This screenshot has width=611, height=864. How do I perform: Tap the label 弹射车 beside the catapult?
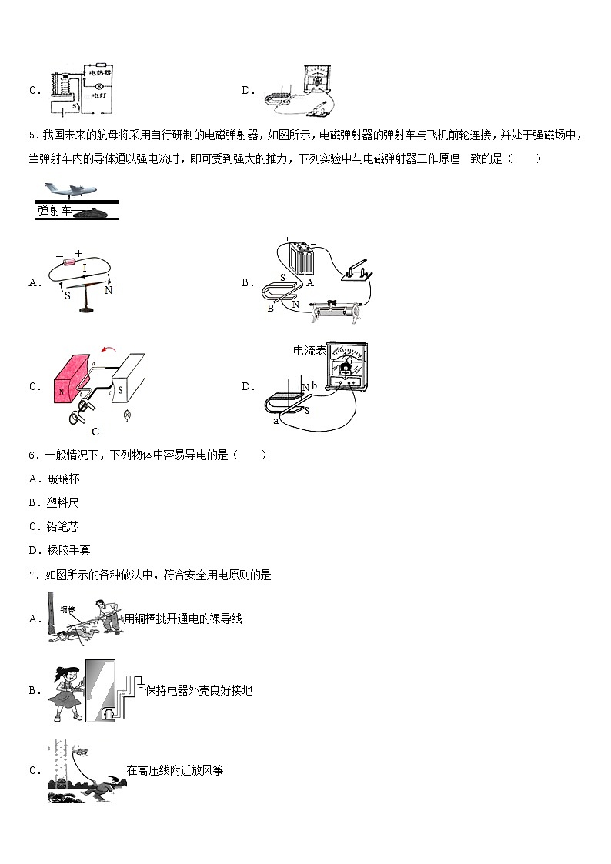coord(55,209)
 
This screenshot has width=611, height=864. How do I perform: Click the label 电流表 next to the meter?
coord(309,350)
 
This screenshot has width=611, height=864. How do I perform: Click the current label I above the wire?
coord(85,267)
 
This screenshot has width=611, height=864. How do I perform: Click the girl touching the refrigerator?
coord(68,691)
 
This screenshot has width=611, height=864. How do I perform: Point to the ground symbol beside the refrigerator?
coord(140,680)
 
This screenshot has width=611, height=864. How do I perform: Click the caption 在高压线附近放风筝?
coord(175,769)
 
